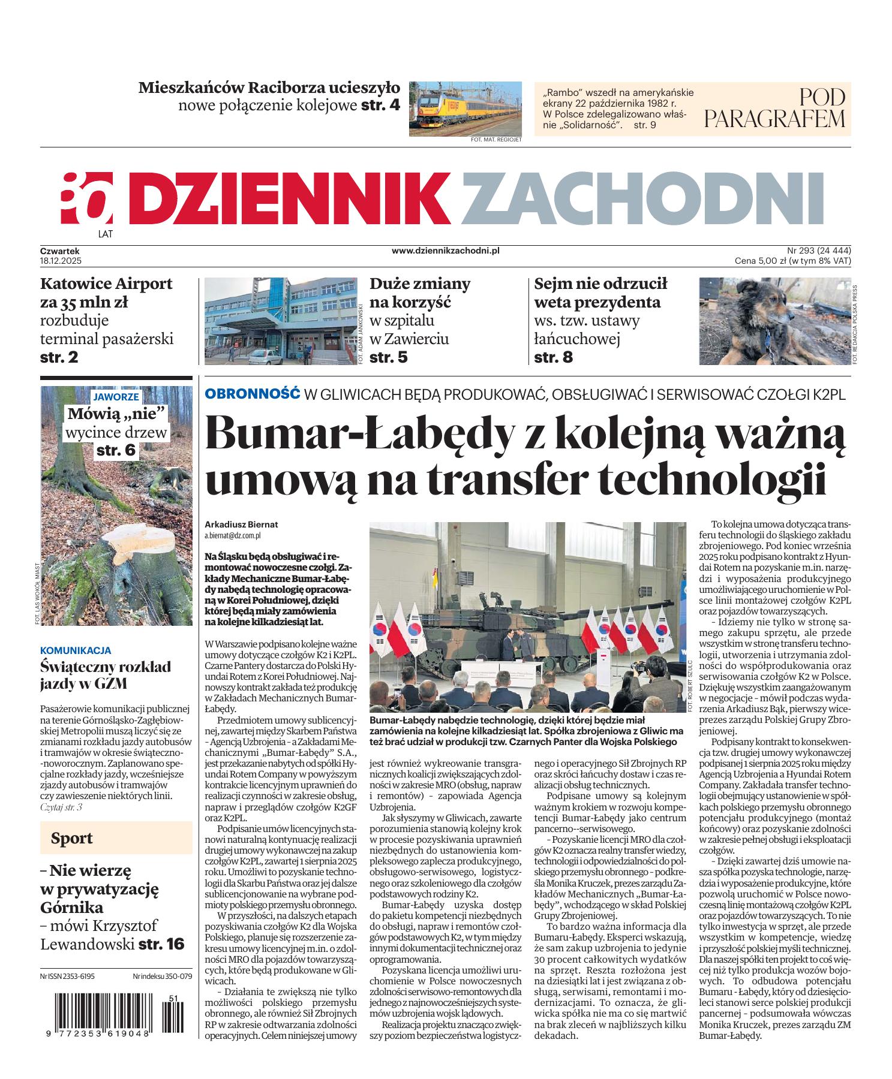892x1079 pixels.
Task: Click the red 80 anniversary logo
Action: [x=87, y=198]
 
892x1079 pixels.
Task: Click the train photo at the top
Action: [x=465, y=108]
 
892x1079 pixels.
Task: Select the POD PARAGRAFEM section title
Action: [x=774, y=108]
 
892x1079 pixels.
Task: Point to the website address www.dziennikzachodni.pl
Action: [x=445, y=251]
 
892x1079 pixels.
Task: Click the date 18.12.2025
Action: [x=61, y=261]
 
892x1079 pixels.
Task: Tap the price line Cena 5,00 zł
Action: [x=792, y=261]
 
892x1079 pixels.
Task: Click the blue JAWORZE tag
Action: [x=117, y=396]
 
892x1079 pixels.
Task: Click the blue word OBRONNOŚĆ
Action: [x=252, y=394]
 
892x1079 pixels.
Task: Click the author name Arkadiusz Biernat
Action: [x=241, y=524]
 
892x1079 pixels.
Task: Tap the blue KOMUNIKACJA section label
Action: [x=76, y=650]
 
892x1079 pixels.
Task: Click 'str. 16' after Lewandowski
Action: [x=161, y=944]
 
